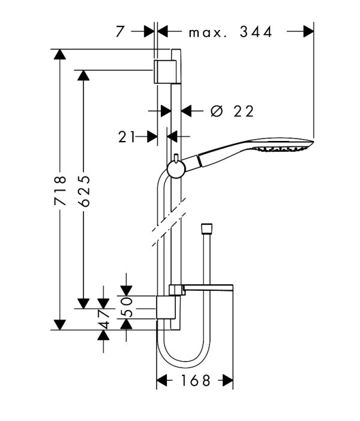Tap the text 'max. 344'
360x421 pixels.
230,32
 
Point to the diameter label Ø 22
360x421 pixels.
233,111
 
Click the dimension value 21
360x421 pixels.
127,136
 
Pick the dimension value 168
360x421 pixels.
194,380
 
